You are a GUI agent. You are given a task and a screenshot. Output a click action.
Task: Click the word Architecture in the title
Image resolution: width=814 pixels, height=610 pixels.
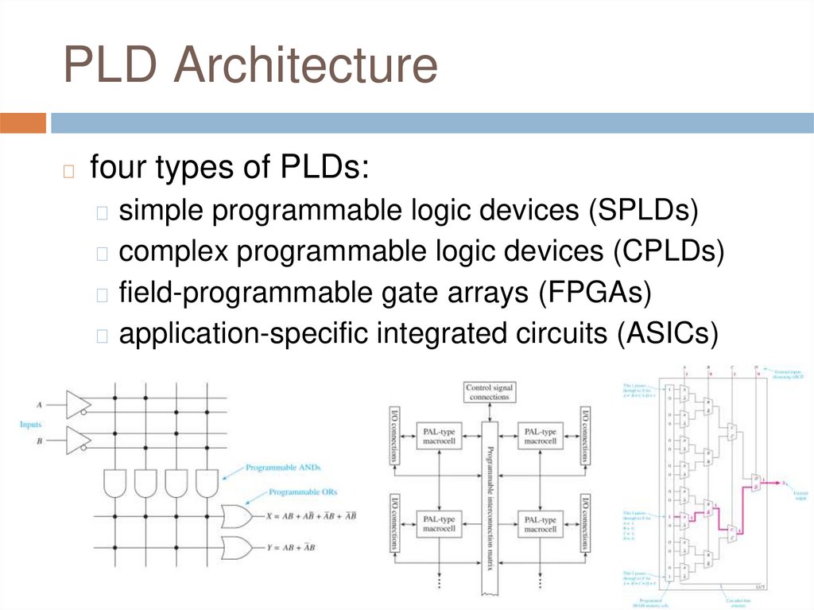pyautogui.click(x=306, y=66)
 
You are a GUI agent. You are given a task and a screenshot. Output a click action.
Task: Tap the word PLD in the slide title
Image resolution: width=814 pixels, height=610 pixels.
pyautogui.click(x=114, y=66)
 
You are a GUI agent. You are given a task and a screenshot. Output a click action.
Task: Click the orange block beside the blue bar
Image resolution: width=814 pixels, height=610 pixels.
pyautogui.click(x=23, y=122)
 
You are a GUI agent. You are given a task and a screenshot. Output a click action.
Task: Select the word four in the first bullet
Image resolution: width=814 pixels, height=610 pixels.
pyautogui.click(x=118, y=169)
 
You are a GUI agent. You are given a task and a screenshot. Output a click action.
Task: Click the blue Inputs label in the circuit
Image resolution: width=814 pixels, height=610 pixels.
pyautogui.click(x=31, y=425)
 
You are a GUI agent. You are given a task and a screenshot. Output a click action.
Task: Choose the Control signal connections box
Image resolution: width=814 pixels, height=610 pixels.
pyautogui.click(x=490, y=391)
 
